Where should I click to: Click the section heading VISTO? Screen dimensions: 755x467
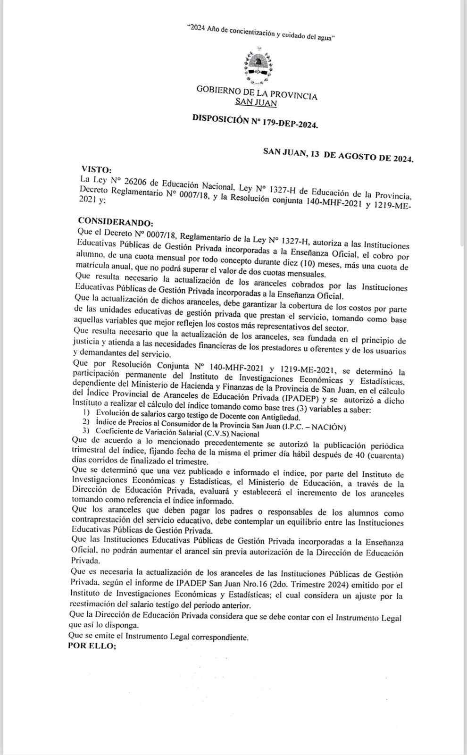pyautogui.click(x=97, y=169)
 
